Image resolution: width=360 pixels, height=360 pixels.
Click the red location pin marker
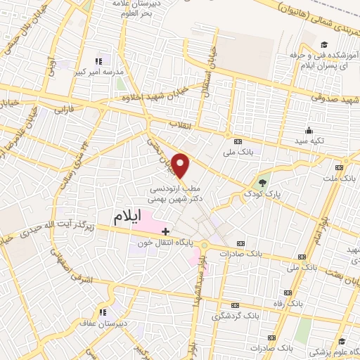coord(181,165)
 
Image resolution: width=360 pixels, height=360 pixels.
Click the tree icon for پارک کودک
coord(262,181)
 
